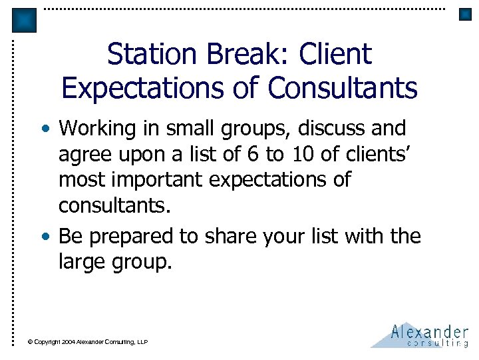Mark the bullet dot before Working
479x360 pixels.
51,128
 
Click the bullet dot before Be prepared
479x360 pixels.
51,237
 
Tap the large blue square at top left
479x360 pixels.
25,21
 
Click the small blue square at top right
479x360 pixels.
465,14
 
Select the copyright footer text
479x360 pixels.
87,342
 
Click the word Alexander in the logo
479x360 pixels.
429,331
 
